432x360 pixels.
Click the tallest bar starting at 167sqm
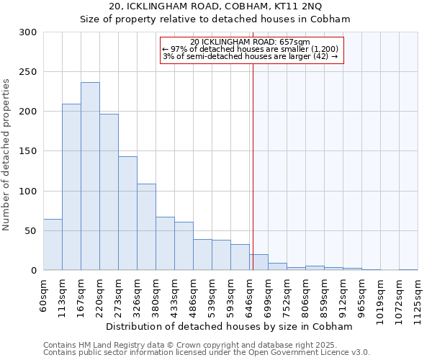click(90, 176)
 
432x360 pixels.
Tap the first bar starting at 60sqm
click(53, 245)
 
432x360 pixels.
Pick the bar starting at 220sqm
click(109, 192)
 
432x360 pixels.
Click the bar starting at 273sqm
click(127, 213)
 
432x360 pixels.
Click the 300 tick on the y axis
click(28, 32)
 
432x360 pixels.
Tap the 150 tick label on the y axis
click(28, 151)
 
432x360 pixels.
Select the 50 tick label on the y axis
click(31, 231)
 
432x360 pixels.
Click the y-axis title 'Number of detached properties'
click(7, 155)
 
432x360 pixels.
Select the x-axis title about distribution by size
click(234, 326)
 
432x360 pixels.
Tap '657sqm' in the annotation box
click(294, 42)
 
